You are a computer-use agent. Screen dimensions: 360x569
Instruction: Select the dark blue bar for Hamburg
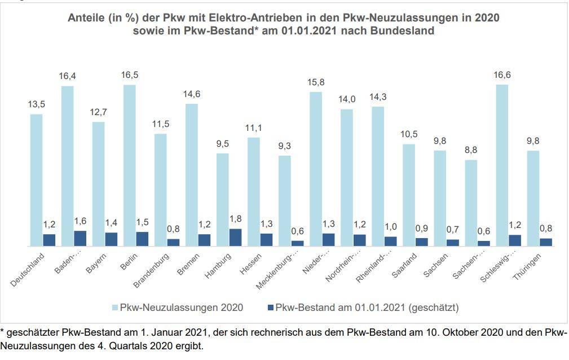235,238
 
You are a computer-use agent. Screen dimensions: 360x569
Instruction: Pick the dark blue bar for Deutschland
50,240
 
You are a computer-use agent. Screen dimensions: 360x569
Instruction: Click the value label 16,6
502,75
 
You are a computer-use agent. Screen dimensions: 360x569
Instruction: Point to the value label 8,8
471,151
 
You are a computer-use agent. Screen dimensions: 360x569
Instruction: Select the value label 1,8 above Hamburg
235,219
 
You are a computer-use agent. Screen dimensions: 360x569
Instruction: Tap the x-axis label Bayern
96,264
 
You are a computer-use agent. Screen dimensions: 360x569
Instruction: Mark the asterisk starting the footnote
2,331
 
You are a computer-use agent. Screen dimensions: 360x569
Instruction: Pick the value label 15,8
316,82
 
